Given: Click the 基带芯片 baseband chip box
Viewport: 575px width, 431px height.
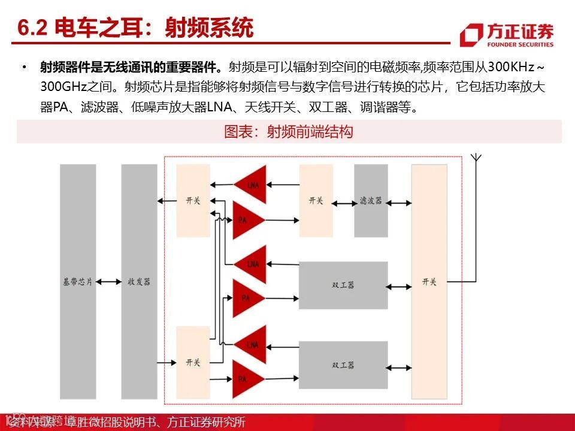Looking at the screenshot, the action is [x=78, y=281].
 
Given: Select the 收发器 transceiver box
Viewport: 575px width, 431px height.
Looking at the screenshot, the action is [x=139, y=281].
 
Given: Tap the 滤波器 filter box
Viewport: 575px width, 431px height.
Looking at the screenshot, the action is [x=371, y=201].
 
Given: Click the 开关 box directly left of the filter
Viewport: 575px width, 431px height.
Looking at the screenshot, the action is [x=316, y=201].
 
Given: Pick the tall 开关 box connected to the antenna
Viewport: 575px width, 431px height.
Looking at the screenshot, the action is [x=429, y=281].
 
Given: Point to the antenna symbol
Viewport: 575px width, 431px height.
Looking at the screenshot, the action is [x=476, y=158].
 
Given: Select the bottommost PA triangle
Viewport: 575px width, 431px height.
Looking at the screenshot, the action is [x=245, y=378].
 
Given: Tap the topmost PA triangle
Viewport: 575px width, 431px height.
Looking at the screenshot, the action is [x=245, y=220].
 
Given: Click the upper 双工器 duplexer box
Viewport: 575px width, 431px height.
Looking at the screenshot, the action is [x=343, y=285].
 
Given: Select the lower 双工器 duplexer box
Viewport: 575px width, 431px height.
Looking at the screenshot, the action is [x=343, y=365].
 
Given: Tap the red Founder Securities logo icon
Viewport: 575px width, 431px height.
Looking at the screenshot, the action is [x=471, y=35].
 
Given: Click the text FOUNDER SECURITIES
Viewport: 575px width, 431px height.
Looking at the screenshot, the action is [x=520, y=44].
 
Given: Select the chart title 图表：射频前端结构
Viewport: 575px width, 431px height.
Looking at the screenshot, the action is [x=289, y=132].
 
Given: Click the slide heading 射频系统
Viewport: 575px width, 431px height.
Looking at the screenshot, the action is [x=209, y=28].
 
